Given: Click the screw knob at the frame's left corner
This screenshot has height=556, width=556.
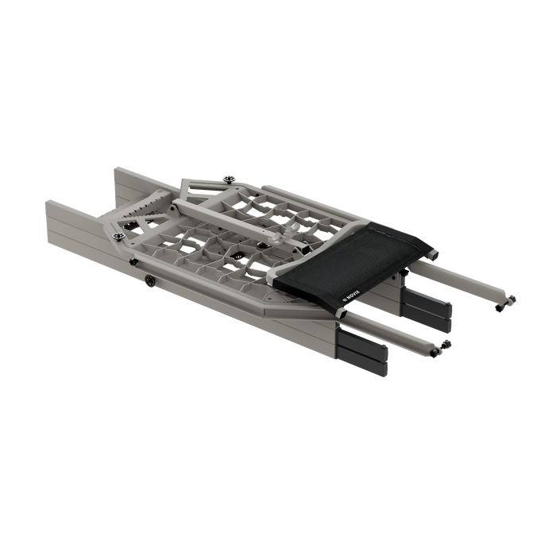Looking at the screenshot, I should pos(120,235).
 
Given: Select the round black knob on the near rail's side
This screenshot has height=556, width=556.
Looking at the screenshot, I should pos(150,280).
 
